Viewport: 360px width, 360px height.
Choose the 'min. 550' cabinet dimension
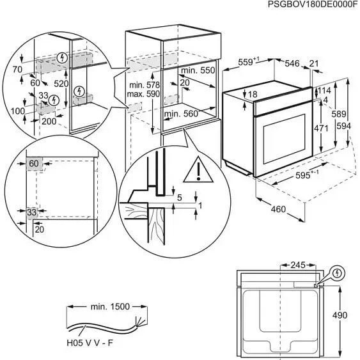pos(198,70)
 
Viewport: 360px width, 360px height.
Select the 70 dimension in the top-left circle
pos(17,68)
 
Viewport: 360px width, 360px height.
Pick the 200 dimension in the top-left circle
pos(49,120)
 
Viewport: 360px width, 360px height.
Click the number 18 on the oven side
pos(253,95)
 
